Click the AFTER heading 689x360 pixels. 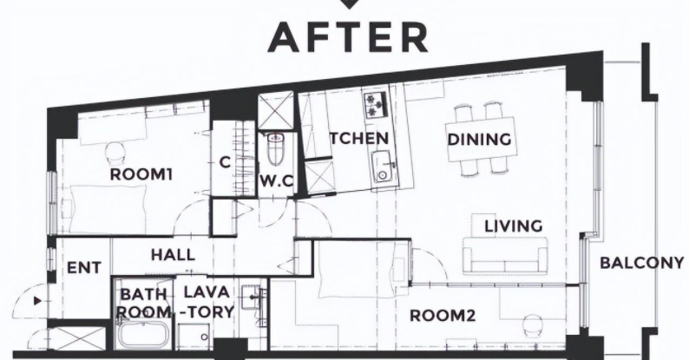(348, 38)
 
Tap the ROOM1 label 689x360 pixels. (141, 174)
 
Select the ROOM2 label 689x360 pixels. (443, 316)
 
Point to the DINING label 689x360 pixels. (479, 140)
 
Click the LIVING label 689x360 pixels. (513, 226)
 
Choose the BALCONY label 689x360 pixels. (642, 263)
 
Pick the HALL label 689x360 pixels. (173, 255)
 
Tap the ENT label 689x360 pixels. (84, 268)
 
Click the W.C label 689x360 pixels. (277, 181)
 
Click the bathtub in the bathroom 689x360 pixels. (142, 334)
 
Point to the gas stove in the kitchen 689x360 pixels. (376, 104)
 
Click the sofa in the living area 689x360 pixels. (505, 255)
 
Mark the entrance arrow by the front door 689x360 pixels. (38, 301)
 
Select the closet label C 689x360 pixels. (225, 163)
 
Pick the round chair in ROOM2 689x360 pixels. (533, 326)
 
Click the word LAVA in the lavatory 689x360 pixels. (207, 292)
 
